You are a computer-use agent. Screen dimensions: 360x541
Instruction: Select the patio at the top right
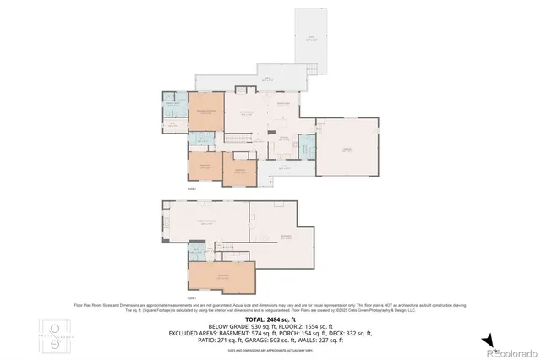tap(310, 38)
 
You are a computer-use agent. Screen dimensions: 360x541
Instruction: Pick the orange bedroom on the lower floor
tap(221, 276)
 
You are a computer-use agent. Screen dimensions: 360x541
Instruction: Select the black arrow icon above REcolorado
tap(488, 341)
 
